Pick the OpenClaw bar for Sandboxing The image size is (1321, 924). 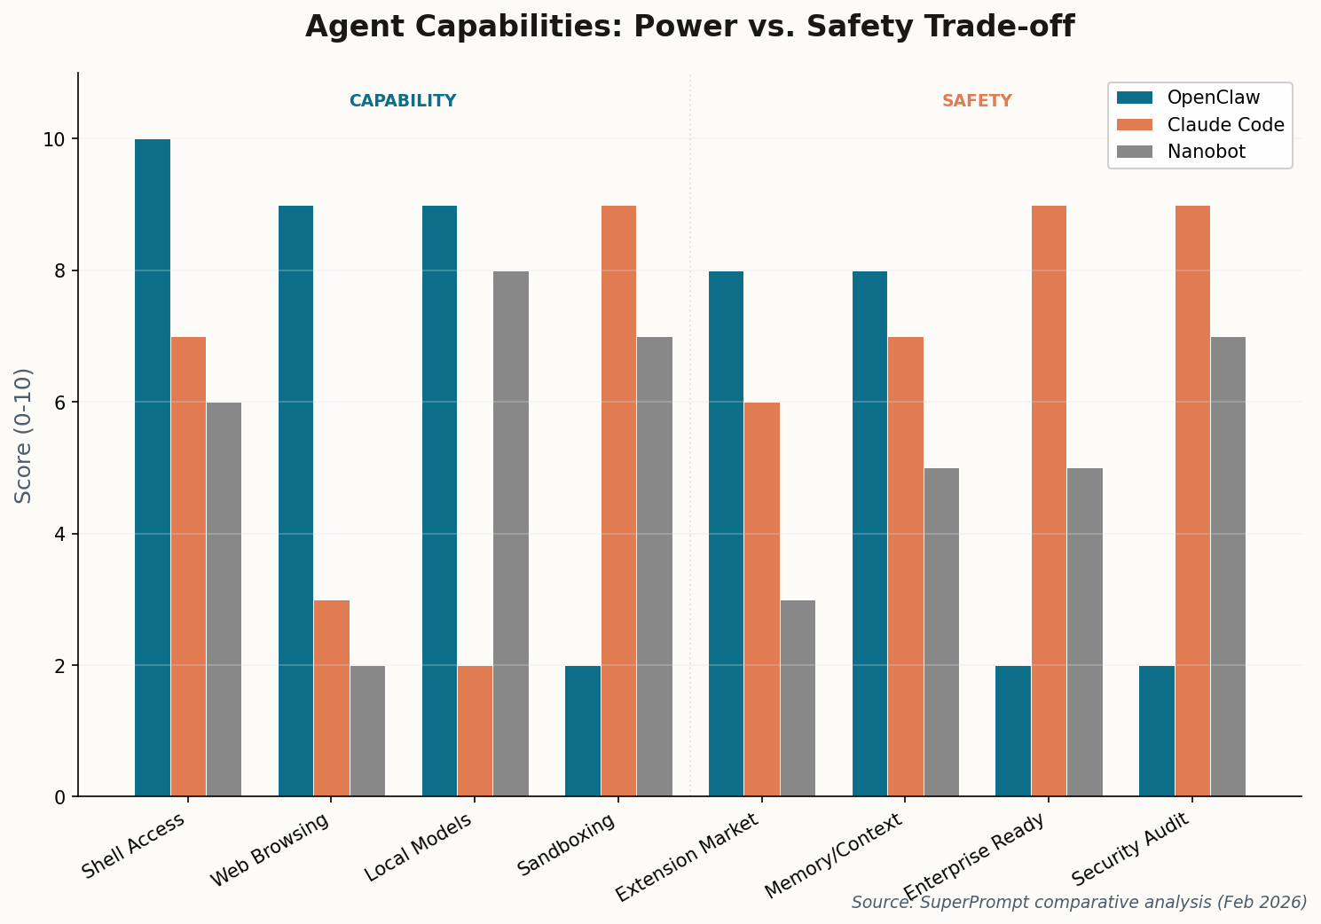pos(583,731)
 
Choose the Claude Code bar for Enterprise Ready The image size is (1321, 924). pos(1049,501)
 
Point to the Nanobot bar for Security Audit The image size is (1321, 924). pos(1228,567)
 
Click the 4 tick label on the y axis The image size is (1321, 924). pos(60,534)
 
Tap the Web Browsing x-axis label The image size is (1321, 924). pos(271,850)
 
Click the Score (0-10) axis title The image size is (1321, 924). pos(24,435)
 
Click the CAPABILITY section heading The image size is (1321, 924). pos(402,101)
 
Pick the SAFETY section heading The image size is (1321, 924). pos(977,101)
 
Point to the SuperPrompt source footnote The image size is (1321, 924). pos(1079,902)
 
